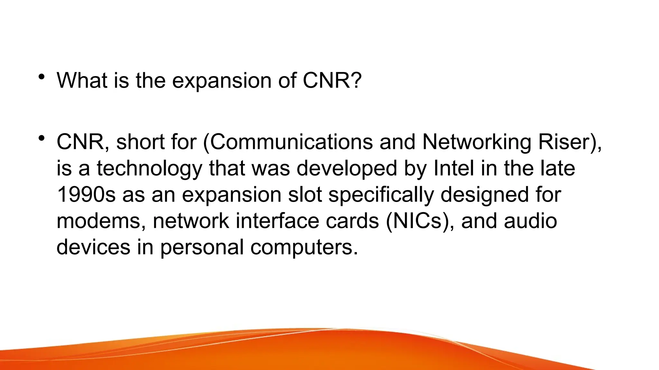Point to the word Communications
tap(291, 142)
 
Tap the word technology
tap(149, 169)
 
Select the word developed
tap(347, 169)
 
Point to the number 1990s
tap(86, 195)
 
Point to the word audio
tap(530, 221)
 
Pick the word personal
tap(202, 247)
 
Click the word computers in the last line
tap(303, 248)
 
